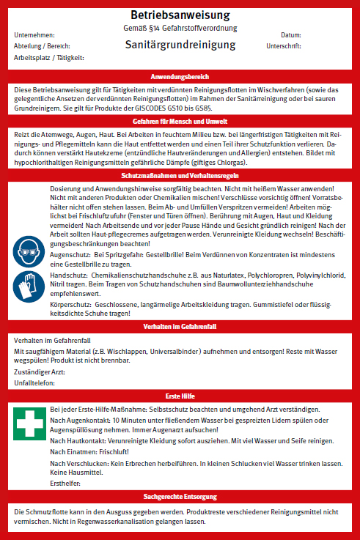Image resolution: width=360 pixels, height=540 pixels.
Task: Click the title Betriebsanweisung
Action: coord(180,15)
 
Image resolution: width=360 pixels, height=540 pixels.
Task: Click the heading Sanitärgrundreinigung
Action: coord(180,45)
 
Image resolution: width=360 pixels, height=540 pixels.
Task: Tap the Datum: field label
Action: coord(291,35)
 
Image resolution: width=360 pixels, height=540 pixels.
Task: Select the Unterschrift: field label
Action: coord(285,45)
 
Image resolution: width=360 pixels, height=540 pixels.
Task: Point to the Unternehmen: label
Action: coord(34,35)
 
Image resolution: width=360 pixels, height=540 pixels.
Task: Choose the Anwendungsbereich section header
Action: coord(180,76)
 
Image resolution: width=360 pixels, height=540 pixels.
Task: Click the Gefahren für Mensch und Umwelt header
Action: coord(180,120)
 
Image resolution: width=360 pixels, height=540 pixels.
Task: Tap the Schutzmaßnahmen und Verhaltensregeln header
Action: coord(180,177)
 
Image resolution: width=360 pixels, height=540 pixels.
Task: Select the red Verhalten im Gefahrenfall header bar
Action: coord(180,326)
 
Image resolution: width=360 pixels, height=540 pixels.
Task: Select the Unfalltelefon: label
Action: coord(34,382)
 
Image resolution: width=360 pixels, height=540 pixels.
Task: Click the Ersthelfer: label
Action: coord(65,483)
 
